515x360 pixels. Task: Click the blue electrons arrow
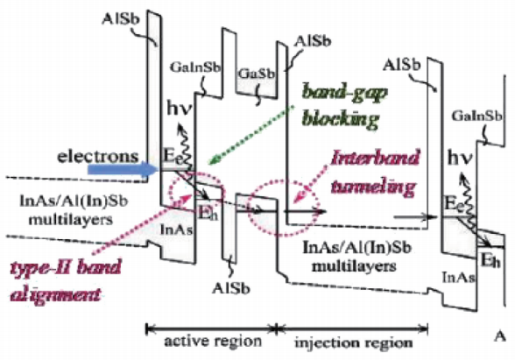[123, 170]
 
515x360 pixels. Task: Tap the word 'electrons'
[98, 156]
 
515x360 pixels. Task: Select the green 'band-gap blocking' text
[343, 105]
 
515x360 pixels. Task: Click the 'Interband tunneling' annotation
[375, 172]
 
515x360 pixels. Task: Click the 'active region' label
[213, 342]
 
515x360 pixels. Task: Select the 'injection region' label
[354, 342]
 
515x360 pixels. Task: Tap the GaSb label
[256, 74]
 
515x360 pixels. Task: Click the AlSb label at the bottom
[231, 287]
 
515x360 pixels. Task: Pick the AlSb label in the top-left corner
[121, 19]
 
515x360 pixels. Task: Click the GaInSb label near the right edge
[477, 116]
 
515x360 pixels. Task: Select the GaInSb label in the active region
[195, 67]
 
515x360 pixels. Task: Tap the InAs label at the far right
[459, 278]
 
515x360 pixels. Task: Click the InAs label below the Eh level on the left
[176, 229]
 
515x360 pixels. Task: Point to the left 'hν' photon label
[179, 109]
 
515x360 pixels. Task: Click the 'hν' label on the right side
[460, 159]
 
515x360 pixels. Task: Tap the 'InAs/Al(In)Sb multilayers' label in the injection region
[356, 257]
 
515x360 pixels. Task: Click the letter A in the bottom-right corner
[500, 336]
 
